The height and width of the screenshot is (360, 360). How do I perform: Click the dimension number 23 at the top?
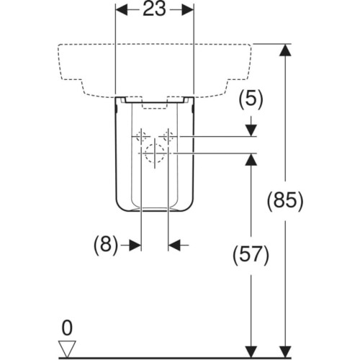(x=154, y=9)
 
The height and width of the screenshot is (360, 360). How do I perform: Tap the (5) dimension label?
(x=251, y=99)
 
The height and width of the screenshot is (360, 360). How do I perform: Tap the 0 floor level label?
(x=67, y=328)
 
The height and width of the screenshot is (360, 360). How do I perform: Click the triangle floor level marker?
(x=68, y=349)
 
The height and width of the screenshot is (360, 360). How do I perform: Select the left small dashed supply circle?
(x=142, y=137)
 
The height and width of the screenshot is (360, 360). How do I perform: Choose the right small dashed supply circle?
(x=168, y=137)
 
